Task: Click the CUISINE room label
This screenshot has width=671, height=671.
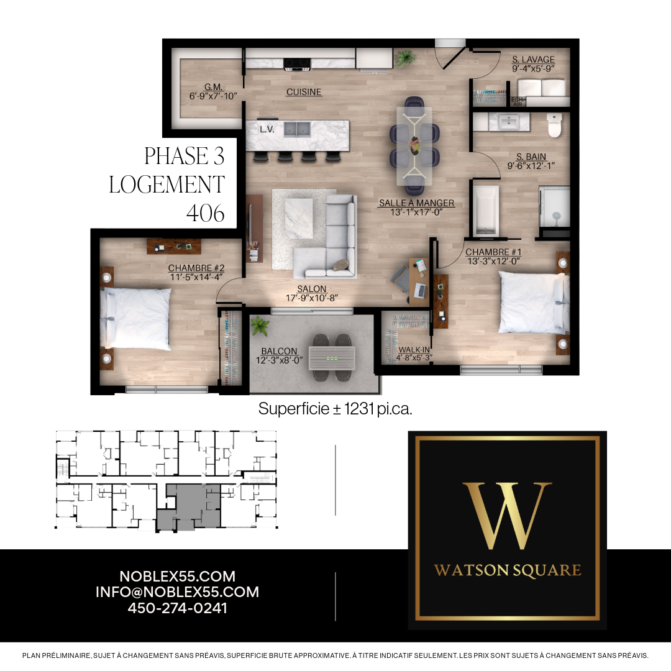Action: click(303, 92)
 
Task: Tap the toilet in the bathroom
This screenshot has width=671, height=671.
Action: click(554, 125)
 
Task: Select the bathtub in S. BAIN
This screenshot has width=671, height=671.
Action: click(485, 210)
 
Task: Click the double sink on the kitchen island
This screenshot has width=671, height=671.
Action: click(297, 129)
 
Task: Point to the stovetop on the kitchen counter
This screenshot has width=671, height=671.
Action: click(297, 63)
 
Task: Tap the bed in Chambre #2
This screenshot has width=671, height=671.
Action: click(136, 318)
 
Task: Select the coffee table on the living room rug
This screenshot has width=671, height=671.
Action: click(298, 219)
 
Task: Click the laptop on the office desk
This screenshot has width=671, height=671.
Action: click(420, 291)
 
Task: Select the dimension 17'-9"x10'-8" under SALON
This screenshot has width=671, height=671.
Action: click(311, 298)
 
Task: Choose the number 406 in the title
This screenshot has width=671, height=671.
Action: click(206, 213)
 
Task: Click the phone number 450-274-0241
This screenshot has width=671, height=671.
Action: click(177, 608)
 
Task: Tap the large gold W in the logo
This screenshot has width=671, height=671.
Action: click(507, 515)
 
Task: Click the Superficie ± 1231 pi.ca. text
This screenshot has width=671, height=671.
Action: click(335, 409)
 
